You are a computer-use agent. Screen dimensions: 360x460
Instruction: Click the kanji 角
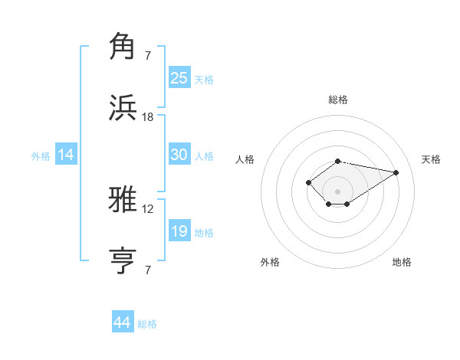[x=124, y=47]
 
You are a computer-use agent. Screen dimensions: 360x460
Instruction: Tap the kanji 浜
[x=124, y=107]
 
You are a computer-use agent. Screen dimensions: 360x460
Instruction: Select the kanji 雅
[x=124, y=201]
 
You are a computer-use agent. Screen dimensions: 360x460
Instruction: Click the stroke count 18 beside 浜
[x=148, y=116]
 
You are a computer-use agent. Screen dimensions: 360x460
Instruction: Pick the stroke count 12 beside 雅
[x=148, y=209]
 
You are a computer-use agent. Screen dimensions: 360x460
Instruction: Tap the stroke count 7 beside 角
[x=148, y=55]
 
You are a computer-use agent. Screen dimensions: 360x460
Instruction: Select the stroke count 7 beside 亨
[x=148, y=270]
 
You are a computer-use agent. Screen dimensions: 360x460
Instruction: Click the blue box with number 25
[x=179, y=78]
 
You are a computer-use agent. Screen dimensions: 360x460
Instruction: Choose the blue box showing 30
[x=179, y=155]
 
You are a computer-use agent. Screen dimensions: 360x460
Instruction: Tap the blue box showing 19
[x=179, y=231]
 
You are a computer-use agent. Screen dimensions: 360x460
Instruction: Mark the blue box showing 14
[x=66, y=155]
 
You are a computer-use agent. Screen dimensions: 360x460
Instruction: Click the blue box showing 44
[x=123, y=322]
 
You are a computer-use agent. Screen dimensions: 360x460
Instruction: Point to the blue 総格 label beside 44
[x=147, y=324]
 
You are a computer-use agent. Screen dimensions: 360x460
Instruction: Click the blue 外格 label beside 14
[x=41, y=156]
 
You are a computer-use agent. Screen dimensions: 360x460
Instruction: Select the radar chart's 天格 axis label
[x=431, y=159]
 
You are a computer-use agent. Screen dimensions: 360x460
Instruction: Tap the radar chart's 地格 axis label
[x=402, y=262]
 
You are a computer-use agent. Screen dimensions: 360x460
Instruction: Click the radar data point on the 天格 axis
[x=396, y=172]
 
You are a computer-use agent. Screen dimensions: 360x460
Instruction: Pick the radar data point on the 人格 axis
[x=308, y=182]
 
